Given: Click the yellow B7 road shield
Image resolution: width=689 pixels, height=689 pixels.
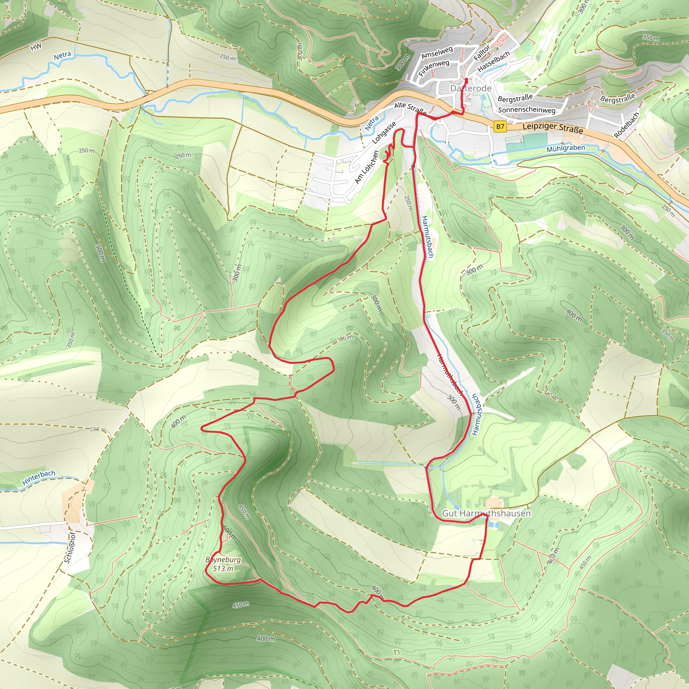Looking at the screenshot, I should point(500,126).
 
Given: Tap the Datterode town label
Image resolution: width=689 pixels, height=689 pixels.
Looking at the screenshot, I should point(471,88).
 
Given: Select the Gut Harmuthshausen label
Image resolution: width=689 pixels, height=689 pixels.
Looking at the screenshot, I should point(486,513).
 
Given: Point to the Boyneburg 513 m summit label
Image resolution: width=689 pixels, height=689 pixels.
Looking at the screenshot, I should point(223,564).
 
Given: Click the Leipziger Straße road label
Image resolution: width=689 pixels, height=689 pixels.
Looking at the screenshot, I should point(553,128).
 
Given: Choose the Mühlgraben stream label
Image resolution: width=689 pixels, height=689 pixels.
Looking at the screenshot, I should point(566,148).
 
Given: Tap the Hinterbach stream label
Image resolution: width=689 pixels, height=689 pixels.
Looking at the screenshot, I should point(38,478).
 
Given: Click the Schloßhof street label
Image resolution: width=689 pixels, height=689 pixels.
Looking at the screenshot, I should point(70,547).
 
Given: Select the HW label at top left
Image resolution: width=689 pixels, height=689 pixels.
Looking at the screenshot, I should point(36,47).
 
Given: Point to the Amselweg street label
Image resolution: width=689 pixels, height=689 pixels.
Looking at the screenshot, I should point(437,52).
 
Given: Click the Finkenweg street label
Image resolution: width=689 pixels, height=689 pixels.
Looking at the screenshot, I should point(434,67).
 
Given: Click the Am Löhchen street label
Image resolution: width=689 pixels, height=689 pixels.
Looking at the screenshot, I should point(366,167).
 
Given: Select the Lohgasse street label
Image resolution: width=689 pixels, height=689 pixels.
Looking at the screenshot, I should point(384,133).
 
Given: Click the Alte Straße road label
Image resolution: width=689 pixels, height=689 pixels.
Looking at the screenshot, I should point(410,108).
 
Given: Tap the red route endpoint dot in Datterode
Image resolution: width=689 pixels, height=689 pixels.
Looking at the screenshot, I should point(466,79).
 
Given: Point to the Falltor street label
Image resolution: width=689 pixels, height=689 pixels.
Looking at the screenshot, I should point(482,53).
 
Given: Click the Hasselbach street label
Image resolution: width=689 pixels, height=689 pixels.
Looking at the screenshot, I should point(494,61).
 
